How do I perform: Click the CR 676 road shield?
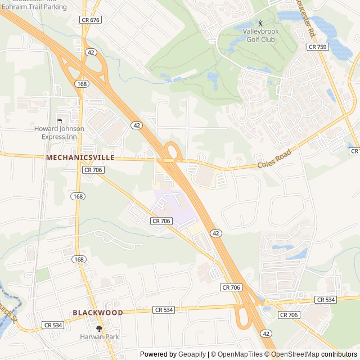[x=90, y=20]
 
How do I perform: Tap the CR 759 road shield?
[x=318, y=47]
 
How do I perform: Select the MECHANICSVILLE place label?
[x=80, y=158]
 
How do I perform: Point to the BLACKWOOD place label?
[x=98, y=312]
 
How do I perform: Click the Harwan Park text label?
[x=100, y=337]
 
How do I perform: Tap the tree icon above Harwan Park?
[x=100, y=328]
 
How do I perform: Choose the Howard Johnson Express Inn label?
[x=59, y=132]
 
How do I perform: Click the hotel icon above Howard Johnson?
[x=59, y=120]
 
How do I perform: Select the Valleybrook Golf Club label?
[x=260, y=35]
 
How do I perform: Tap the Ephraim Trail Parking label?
[x=34, y=7]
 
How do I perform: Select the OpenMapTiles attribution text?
[x=241, y=354]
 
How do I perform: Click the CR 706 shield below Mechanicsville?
[x=93, y=169]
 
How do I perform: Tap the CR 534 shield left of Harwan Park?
[x=53, y=325]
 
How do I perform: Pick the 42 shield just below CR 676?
[x=91, y=52]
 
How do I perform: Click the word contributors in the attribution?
[x=339, y=354]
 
